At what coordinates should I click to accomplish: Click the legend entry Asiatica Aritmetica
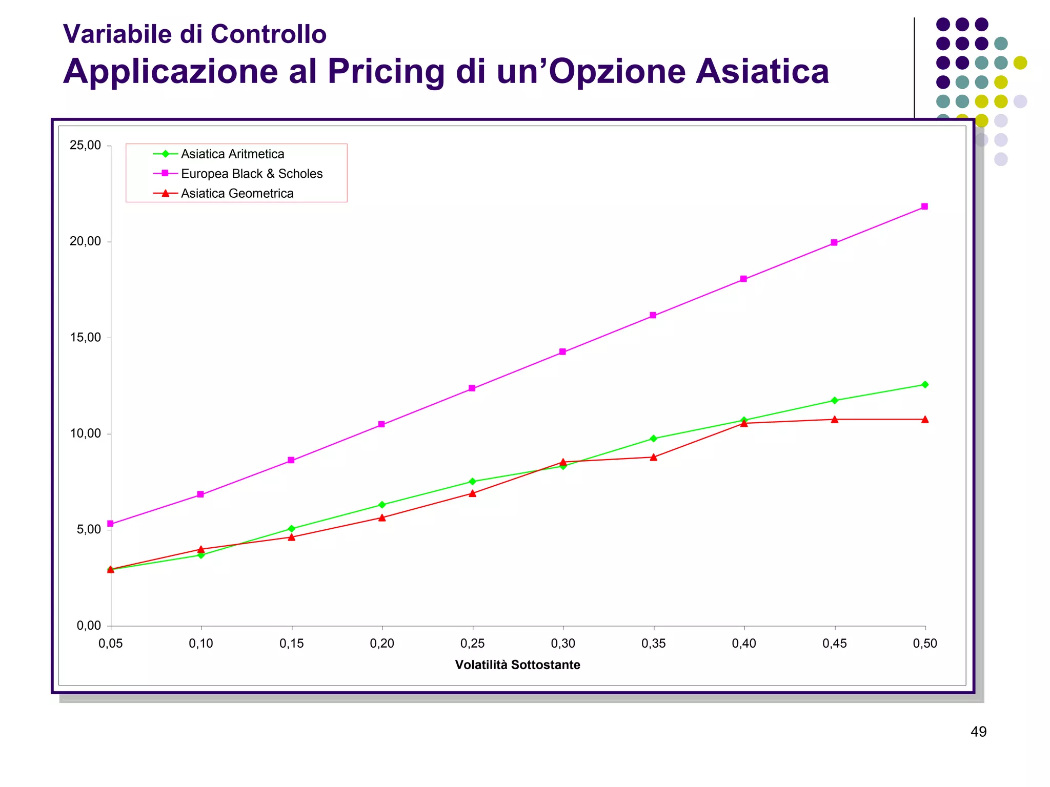pyautogui.click(x=232, y=154)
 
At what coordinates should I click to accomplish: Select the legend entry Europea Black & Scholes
pyautogui.click(x=252, y=174)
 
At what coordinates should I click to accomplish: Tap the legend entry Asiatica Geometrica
pyautogui.click(x=237, y=193)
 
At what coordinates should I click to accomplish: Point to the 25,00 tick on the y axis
pyautogui.click(x=85, y=146)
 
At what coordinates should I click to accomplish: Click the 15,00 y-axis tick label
pyautogui.click(x=85, y=338)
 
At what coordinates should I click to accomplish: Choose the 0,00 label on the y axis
pyautogui.click(x=88, y=626)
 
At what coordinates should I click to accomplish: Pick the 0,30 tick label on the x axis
pyautogui.click(x=563, y=644)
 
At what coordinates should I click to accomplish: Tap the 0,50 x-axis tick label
pyautogui.click(x=925, y=644)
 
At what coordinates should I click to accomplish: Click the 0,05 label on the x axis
pyautogui.click(x=110, y=644)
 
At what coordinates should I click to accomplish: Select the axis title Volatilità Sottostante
pyautogui.click(x=517, y=665)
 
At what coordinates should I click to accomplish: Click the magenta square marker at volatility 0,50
pyautogui.click(x=924, y=206)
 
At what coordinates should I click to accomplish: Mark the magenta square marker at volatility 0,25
pyautogui.click(x=472, y=388)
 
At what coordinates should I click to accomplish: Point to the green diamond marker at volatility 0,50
pyautogui.click(x=925, y=385)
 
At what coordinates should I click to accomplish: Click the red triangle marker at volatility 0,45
pyautogui.click(x=835, y=420)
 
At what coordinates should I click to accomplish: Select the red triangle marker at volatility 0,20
pyautogui.click(x=382, y=517)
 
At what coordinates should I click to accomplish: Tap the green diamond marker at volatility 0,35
pyautogui.click(x=653, y=439)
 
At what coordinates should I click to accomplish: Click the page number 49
pyautogui.click(x=978, y=732)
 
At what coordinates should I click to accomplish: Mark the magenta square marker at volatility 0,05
pyautogui.click(x=110, y=524)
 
